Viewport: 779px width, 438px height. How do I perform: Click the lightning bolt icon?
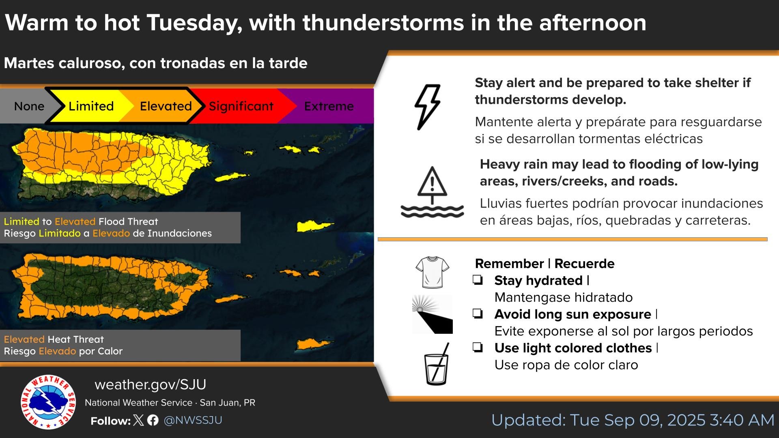427,107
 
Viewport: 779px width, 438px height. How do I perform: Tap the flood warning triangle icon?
432,192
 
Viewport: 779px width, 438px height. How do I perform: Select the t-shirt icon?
433,272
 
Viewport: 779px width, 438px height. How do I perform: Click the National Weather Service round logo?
48,402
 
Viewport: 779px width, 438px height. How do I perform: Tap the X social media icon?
138,420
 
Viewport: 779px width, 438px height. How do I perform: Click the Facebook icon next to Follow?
153,420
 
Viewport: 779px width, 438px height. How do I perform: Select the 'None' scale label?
29,106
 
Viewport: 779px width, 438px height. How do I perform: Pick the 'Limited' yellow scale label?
91,106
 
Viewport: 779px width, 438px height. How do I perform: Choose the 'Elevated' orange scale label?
166,106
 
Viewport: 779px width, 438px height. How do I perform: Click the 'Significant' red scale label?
241,106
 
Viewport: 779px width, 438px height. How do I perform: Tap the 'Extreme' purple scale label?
329,106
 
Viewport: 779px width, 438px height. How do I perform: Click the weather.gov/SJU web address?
151,384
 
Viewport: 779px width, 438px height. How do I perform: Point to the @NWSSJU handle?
193,420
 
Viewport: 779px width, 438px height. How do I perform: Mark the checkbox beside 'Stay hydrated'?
478,280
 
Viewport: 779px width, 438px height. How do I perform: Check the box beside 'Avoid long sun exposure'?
478,313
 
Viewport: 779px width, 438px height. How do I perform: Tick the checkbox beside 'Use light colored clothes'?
478,347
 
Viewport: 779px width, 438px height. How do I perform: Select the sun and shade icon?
433,314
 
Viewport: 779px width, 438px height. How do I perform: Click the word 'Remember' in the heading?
509,264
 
